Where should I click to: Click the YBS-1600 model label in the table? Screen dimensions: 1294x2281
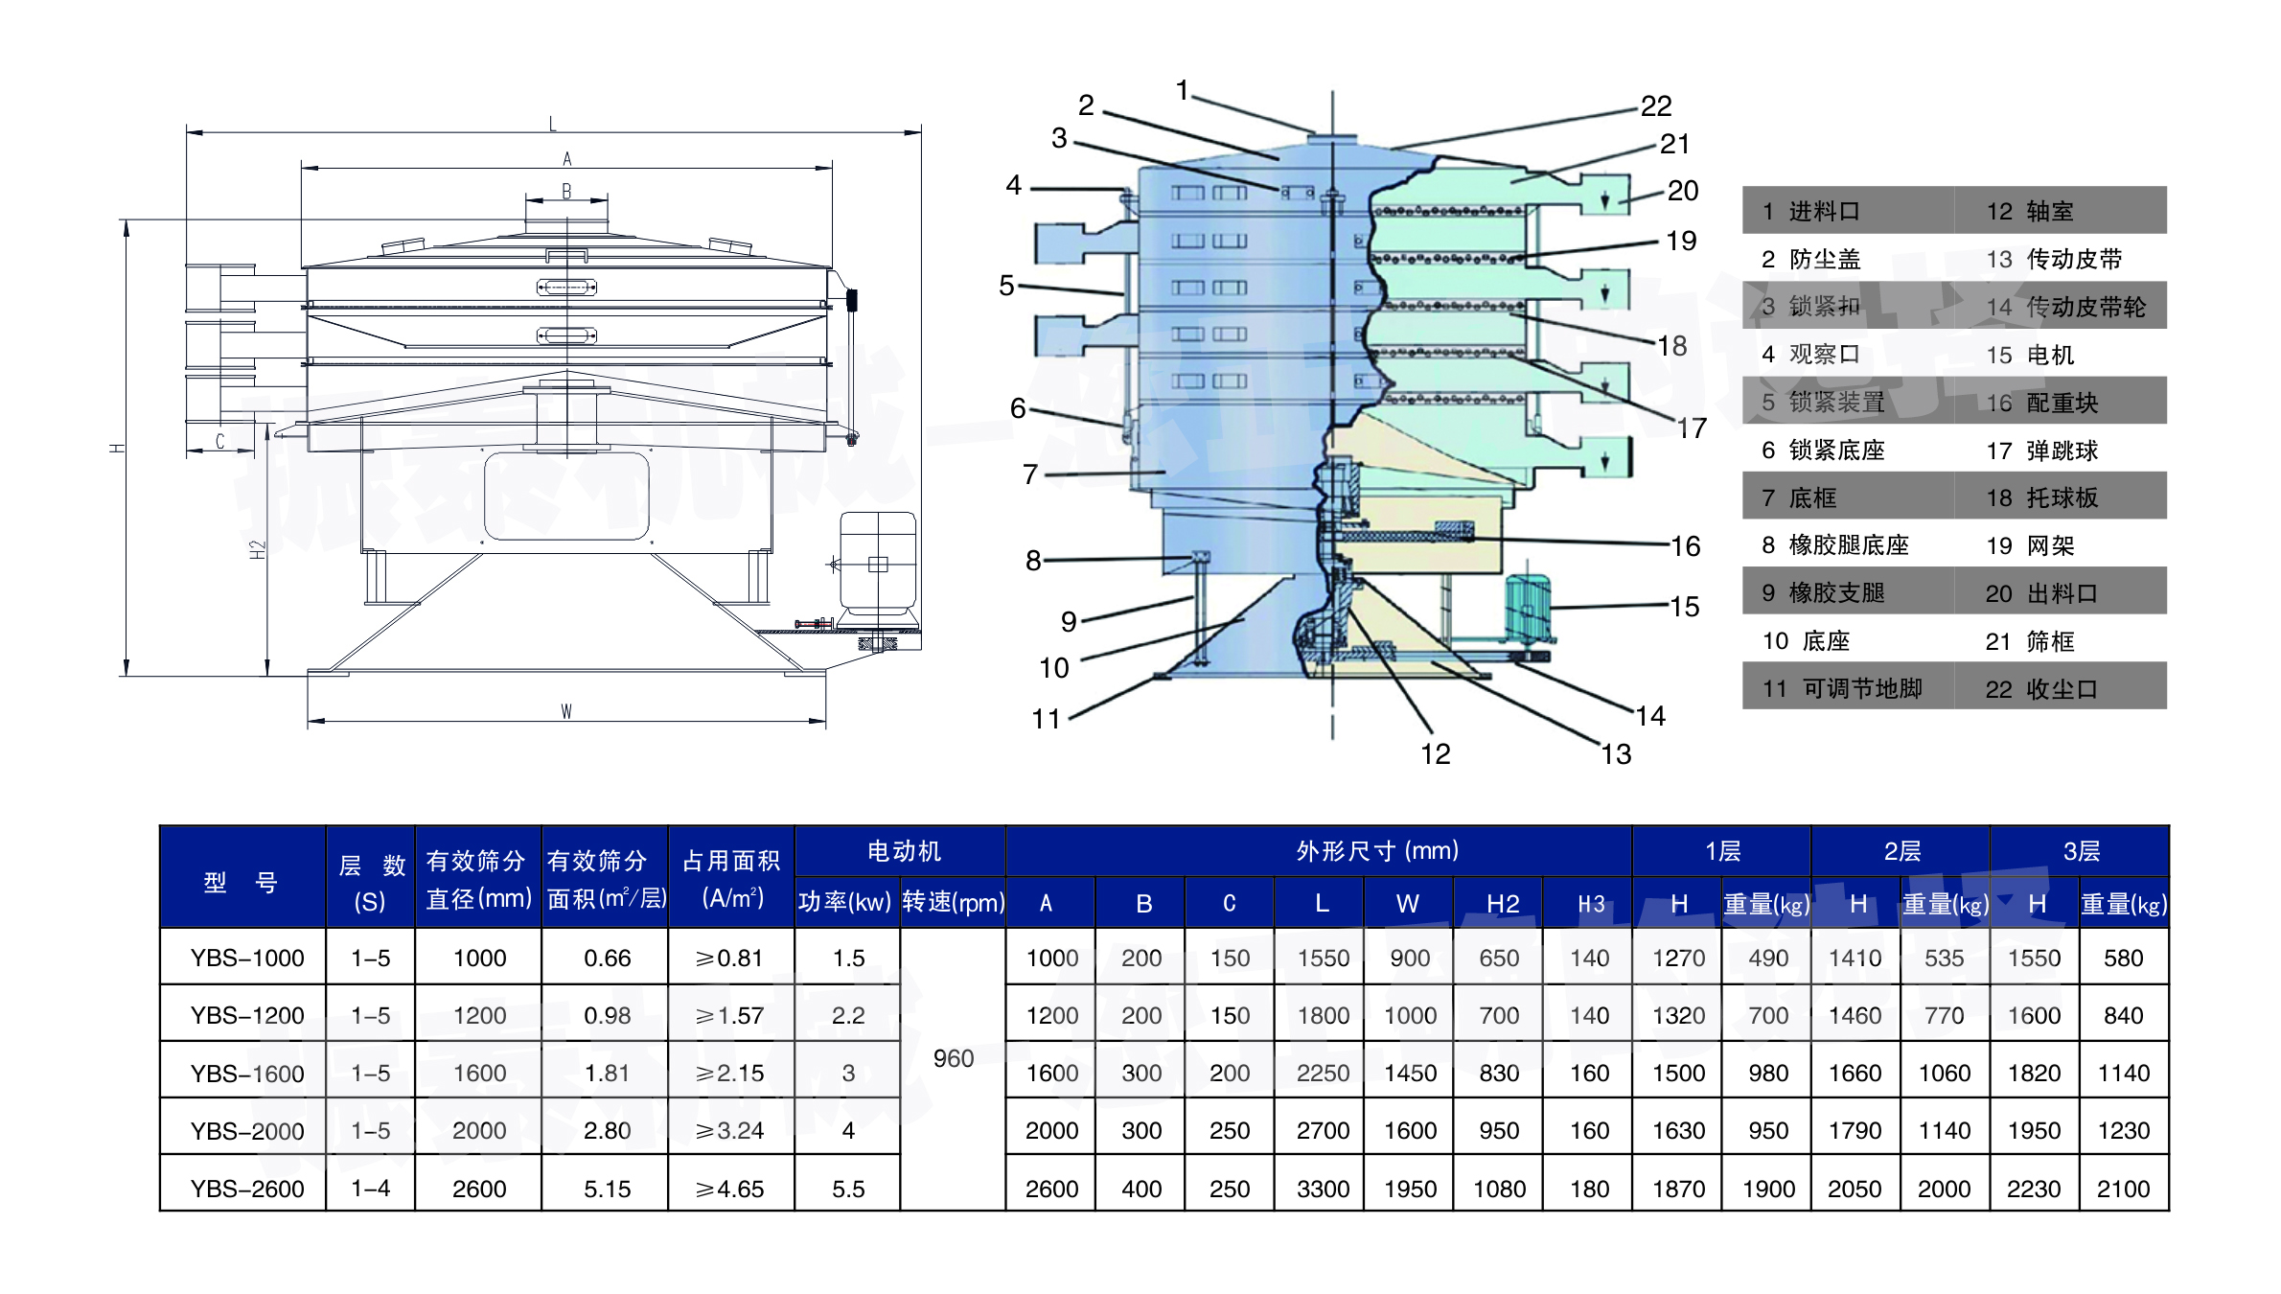[247, 1073]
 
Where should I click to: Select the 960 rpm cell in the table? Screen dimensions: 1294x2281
[953, 1058]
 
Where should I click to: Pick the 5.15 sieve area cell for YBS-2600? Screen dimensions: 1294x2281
[607, 1189]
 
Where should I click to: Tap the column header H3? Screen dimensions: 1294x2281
[1591, 904]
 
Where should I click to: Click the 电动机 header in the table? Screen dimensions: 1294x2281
[904, 851]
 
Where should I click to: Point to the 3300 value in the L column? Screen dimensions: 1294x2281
[1323, 1189]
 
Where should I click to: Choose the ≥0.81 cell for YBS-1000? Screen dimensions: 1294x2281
[729, 958]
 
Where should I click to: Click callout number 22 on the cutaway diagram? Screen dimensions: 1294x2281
[1655, 105]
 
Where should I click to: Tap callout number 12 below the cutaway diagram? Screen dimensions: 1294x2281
[1435, 754]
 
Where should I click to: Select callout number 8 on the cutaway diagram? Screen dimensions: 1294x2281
[1033, 560]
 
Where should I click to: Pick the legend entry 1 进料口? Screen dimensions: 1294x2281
[1810, 211]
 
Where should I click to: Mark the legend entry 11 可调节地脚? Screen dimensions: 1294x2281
[1842, 688]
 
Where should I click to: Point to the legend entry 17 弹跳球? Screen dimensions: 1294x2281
[2041, 451]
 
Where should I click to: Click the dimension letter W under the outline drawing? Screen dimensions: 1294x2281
[566, 711]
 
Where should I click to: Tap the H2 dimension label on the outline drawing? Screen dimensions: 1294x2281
[257, 550]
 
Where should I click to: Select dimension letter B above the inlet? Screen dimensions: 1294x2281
[566, 191]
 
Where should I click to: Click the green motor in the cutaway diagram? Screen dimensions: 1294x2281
[1528, 606]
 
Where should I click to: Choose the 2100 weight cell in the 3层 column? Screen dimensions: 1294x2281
[2123, 1189]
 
